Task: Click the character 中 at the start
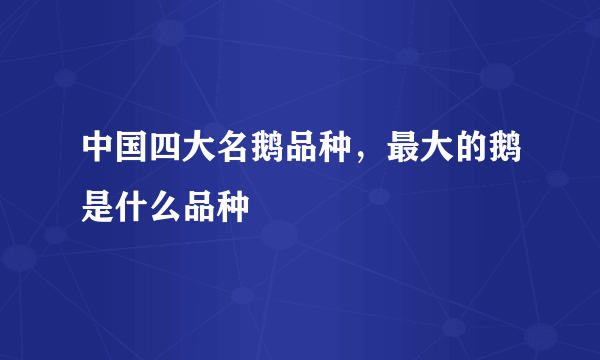click(98, 149)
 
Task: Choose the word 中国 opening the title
click(114, 149)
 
